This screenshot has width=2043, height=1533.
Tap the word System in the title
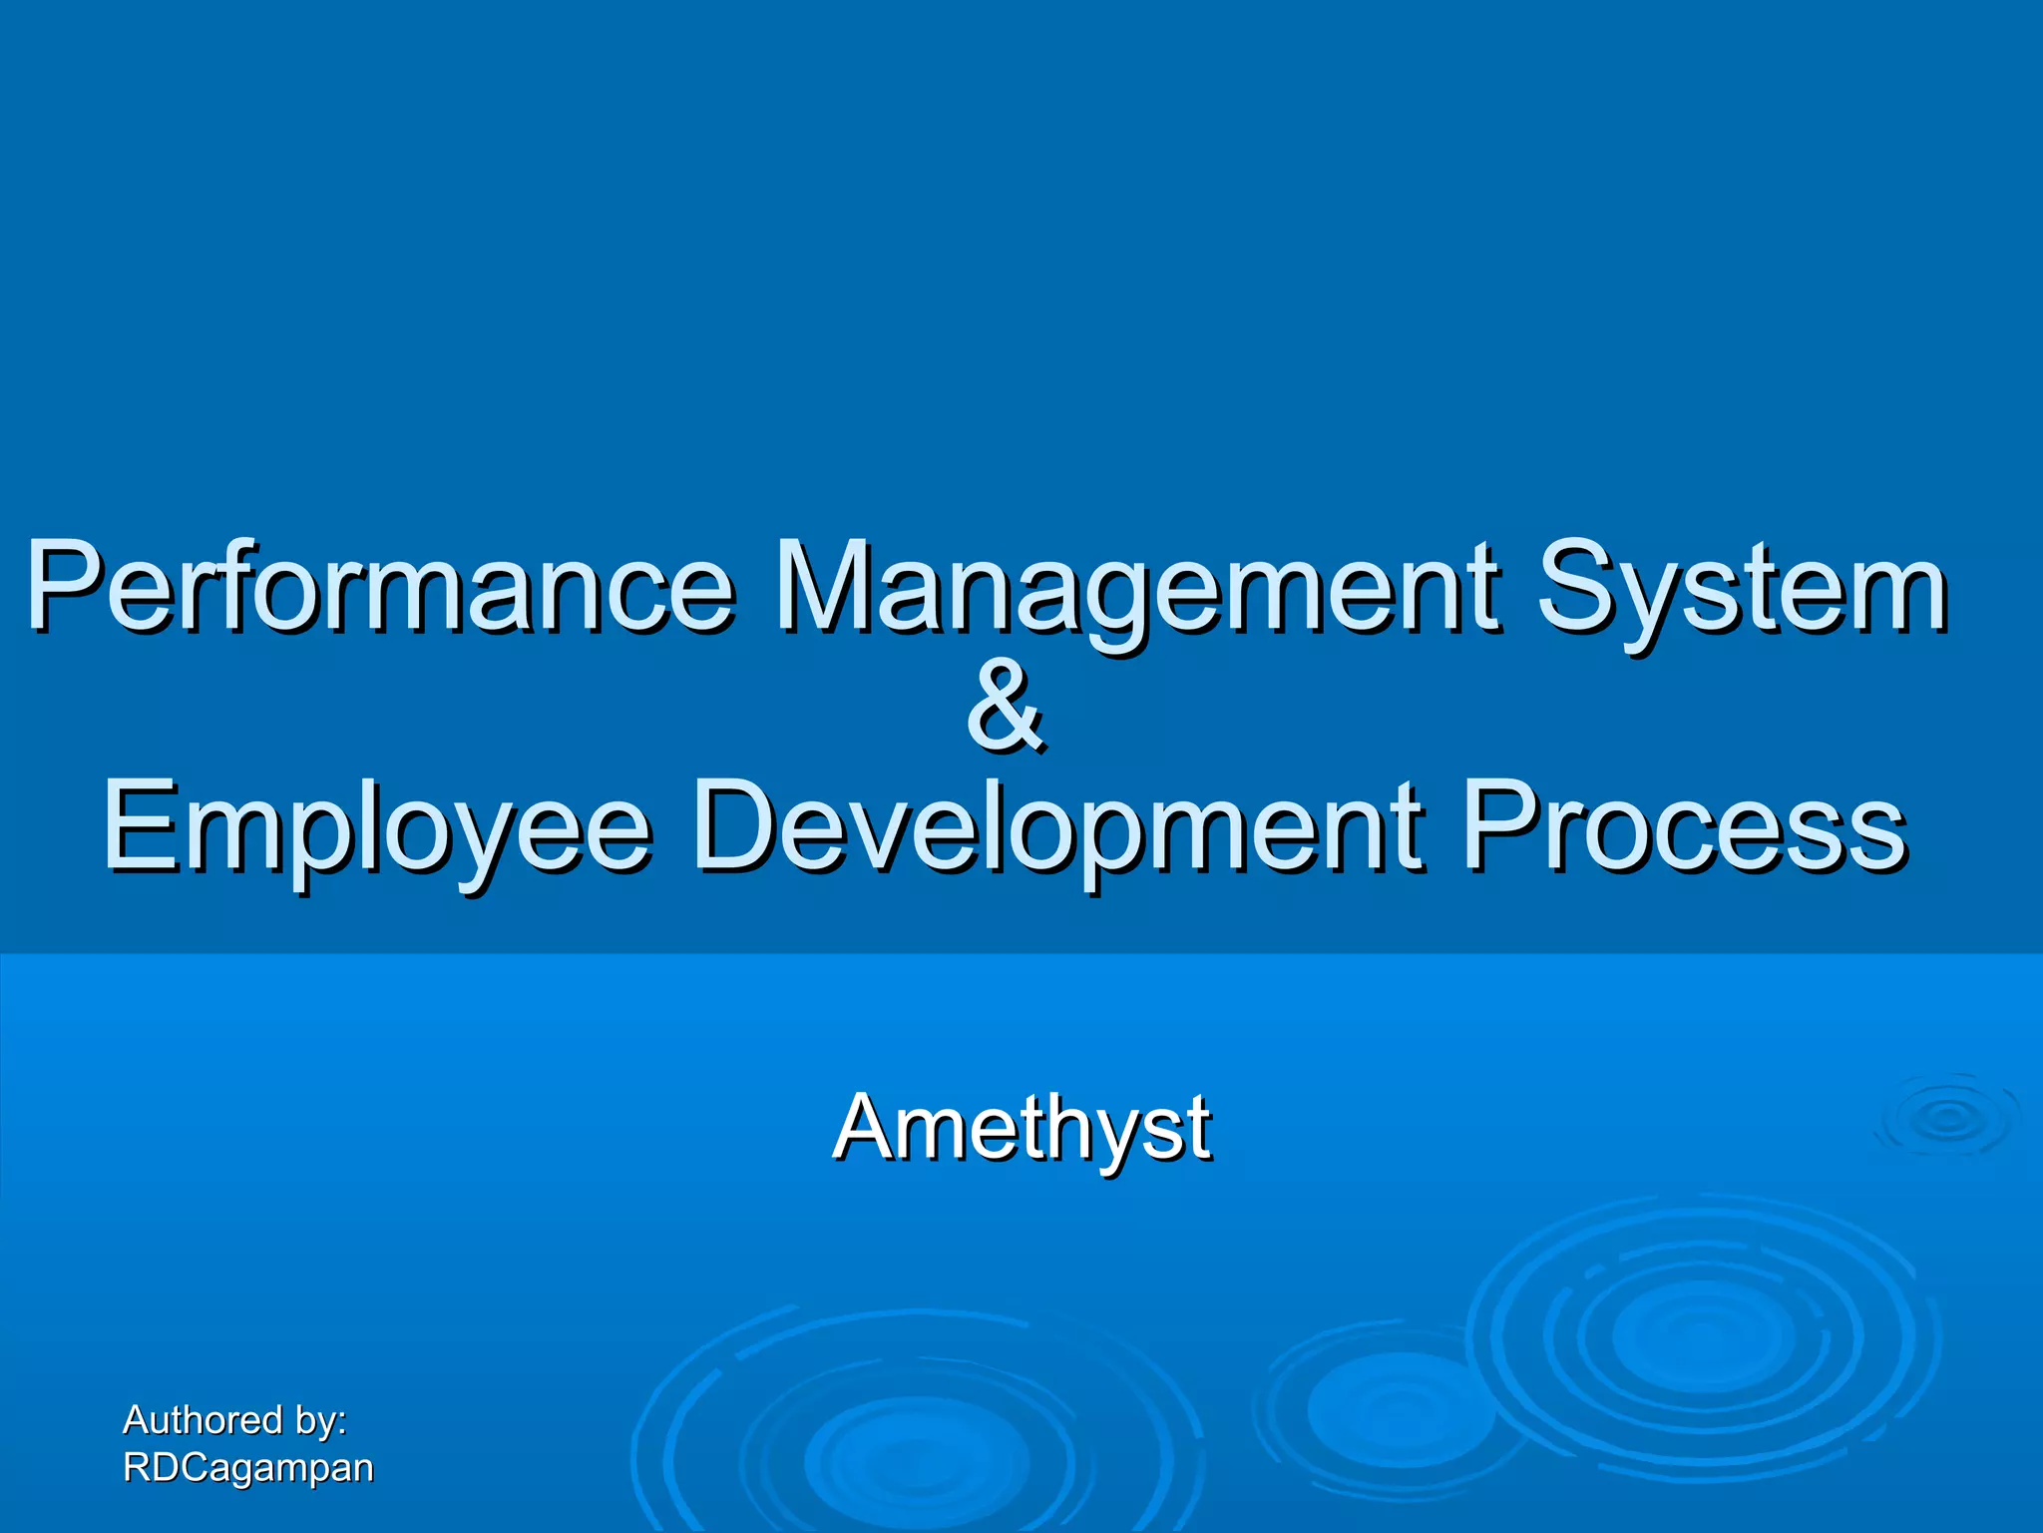[x=1741, y=591]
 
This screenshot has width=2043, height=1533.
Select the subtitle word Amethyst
[x=1022, y=1128]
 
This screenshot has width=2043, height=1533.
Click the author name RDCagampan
[x=247, y=1468]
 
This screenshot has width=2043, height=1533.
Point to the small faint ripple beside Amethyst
[x=1947, y=1118]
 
